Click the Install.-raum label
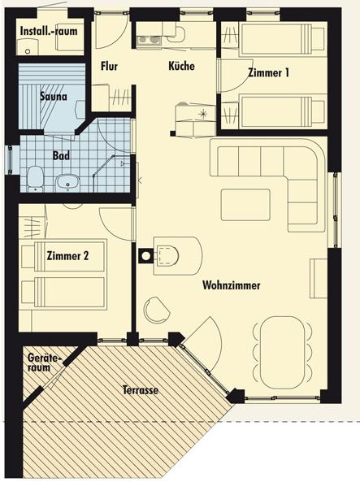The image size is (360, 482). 49,32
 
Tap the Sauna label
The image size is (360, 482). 53,96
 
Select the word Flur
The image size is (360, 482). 109,66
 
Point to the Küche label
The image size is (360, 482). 181,66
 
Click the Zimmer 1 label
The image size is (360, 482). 268,72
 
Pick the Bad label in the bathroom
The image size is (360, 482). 61,155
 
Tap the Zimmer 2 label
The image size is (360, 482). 67,256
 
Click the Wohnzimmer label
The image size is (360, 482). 231,285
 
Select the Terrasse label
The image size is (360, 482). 141,390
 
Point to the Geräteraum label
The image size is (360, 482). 43,363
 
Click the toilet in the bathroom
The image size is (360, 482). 34,179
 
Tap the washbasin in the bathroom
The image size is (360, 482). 67,182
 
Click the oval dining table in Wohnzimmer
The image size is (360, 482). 283,352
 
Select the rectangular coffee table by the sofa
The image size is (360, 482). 245,205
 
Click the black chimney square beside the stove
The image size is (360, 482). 145,256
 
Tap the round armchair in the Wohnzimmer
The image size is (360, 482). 157,310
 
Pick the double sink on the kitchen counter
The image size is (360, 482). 149,40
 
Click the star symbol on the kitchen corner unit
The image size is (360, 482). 202,114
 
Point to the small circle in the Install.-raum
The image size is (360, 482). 28,52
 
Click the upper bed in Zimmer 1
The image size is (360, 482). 281,38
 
